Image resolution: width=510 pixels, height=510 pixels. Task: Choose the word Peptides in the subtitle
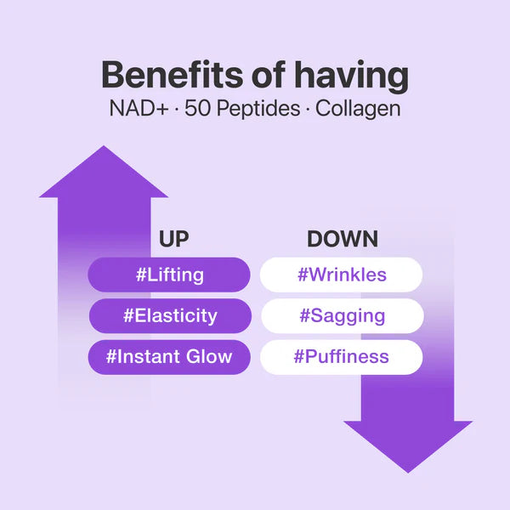254,110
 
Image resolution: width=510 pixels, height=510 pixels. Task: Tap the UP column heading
173,239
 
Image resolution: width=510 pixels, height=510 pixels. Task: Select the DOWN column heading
343,239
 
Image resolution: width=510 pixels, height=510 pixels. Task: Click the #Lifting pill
169,275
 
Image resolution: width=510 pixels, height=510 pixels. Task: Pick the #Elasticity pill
169,315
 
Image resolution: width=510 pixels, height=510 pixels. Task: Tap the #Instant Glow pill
169,356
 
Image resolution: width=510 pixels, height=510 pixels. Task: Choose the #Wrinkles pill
342,275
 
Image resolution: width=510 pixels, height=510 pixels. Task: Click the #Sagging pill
342,315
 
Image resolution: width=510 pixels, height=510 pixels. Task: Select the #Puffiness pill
342,356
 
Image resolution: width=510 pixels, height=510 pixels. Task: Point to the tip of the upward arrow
103,148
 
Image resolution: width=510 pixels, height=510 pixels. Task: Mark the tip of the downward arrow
408,471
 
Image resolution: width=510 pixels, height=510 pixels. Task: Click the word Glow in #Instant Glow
207,356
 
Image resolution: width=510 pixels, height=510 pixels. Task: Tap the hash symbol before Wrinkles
303,275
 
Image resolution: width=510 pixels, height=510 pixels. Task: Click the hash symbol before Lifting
141,275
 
